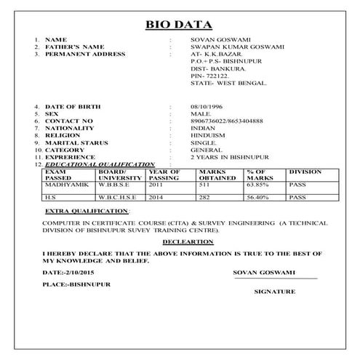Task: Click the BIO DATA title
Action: pos(180,24)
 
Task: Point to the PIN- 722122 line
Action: pos(207,75)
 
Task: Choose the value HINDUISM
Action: pos(206,134)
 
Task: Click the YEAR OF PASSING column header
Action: pos(164,175)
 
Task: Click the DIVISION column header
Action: pos(305,172)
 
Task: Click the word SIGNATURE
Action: pos(274,291)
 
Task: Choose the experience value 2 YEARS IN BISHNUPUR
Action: pos(230,157)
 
